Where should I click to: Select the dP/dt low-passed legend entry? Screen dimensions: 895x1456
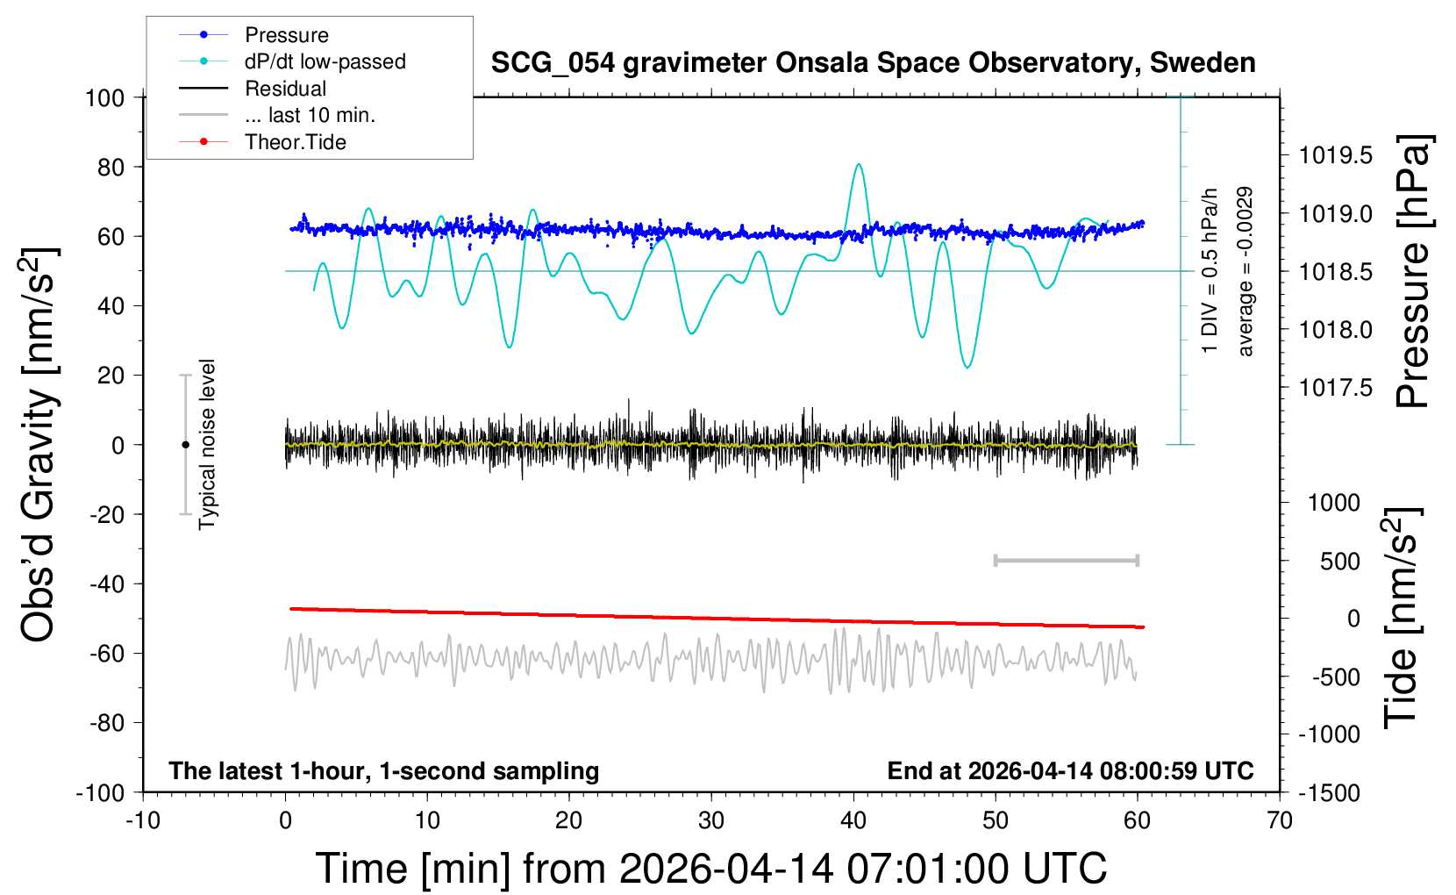pyautogui.click(x=325, y=61)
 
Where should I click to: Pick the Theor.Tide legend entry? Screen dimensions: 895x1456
pyautogui.click(x=295, y=142)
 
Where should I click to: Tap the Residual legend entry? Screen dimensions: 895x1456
pyautogui.click(x=285, y=89)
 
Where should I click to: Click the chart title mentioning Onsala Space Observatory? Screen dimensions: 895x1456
pyautogui.click(x=873, y=63)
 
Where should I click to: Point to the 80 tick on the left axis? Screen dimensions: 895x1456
pyautogui.click(x=111, y=167)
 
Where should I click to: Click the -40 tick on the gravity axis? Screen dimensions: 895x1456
pyautogui.click(x=106, y=584)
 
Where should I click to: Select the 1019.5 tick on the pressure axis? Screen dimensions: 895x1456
pyautogui.click(x=1335, y=156)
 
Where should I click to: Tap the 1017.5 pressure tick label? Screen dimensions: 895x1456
pyautogui.click(x=1335, y=388)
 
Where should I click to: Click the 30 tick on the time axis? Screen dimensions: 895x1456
pyautogui.click(x=711, y=820)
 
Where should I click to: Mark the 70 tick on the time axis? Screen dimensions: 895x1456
pyautogui.click(x=1280, y=820)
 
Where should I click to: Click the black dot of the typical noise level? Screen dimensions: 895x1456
pyautogui.click(x=185, y=445)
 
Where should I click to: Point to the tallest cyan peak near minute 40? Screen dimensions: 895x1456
pyautogui.click(x=859, y=164)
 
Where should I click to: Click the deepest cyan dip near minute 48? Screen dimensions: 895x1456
pyautogui.click(x=967, y=367)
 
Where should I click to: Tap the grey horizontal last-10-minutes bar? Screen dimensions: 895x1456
pyautogui.click(x=1066, y=560)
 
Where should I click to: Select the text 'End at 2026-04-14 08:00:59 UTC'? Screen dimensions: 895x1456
pyautogui.click(x=1070, y=770)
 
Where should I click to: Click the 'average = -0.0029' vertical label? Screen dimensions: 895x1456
pyautogui.click(x=1245, y=271)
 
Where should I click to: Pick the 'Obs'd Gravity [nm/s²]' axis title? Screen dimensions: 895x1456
pyautogui.click(x=40, y=445)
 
